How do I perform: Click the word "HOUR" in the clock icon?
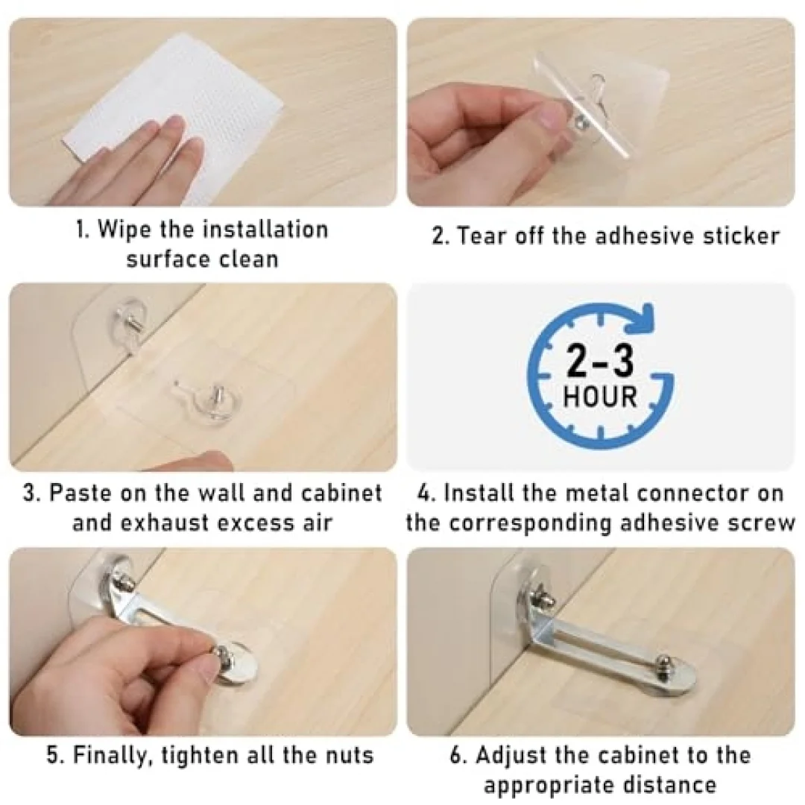click(600, 397)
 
